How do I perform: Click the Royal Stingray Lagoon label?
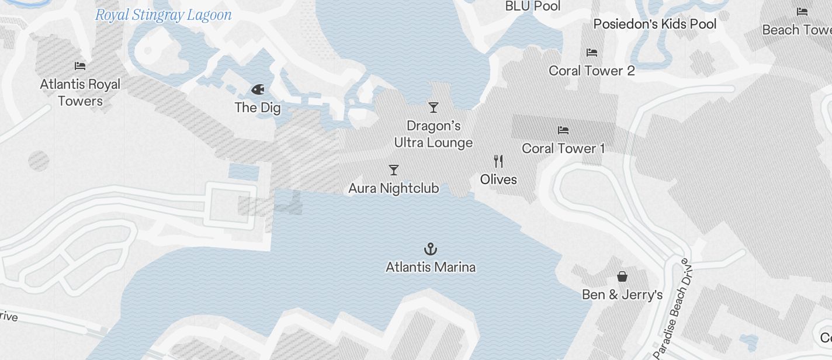pyautogui.click(x=163, y=15)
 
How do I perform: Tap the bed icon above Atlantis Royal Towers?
pyautogui.click(x=80, y=66)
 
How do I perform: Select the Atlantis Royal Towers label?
pyautogui.click(x=80, y=92)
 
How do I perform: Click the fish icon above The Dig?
pyautogui.click(x=258, y=89)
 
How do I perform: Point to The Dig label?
pyautogui.click(x=258, y=108)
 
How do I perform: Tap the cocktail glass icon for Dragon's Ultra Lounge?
pyautogui.click(x=434, y=108)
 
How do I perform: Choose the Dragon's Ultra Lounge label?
pyautogui.click(x=434, y=134)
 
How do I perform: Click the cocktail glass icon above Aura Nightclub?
pyautogui.click(x=394, y=170)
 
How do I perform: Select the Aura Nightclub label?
pyautogui.click(x=394, y=188)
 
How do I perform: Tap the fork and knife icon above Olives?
pyautogui.click(x=498, y=161)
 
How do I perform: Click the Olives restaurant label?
pyautogui.click(x=498, y=179)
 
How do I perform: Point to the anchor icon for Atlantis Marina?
pyautogui.click(x=431, y=250)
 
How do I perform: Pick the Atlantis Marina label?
pyautogui.click(x=431, y=267)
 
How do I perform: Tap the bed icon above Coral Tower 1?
pyautogui.click(x=563, y=130)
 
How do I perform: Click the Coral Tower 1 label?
pyautogui.click(x=563, y=148)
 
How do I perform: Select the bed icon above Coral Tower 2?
pyautogui.click(x=592, y=53)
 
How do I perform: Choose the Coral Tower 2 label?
pyautogui.click(x=592, y=71)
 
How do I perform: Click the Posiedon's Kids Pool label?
pyautogui.click(x=655, y=24)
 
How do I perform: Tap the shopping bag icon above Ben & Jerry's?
pyautogui.click(x=622, y=276)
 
